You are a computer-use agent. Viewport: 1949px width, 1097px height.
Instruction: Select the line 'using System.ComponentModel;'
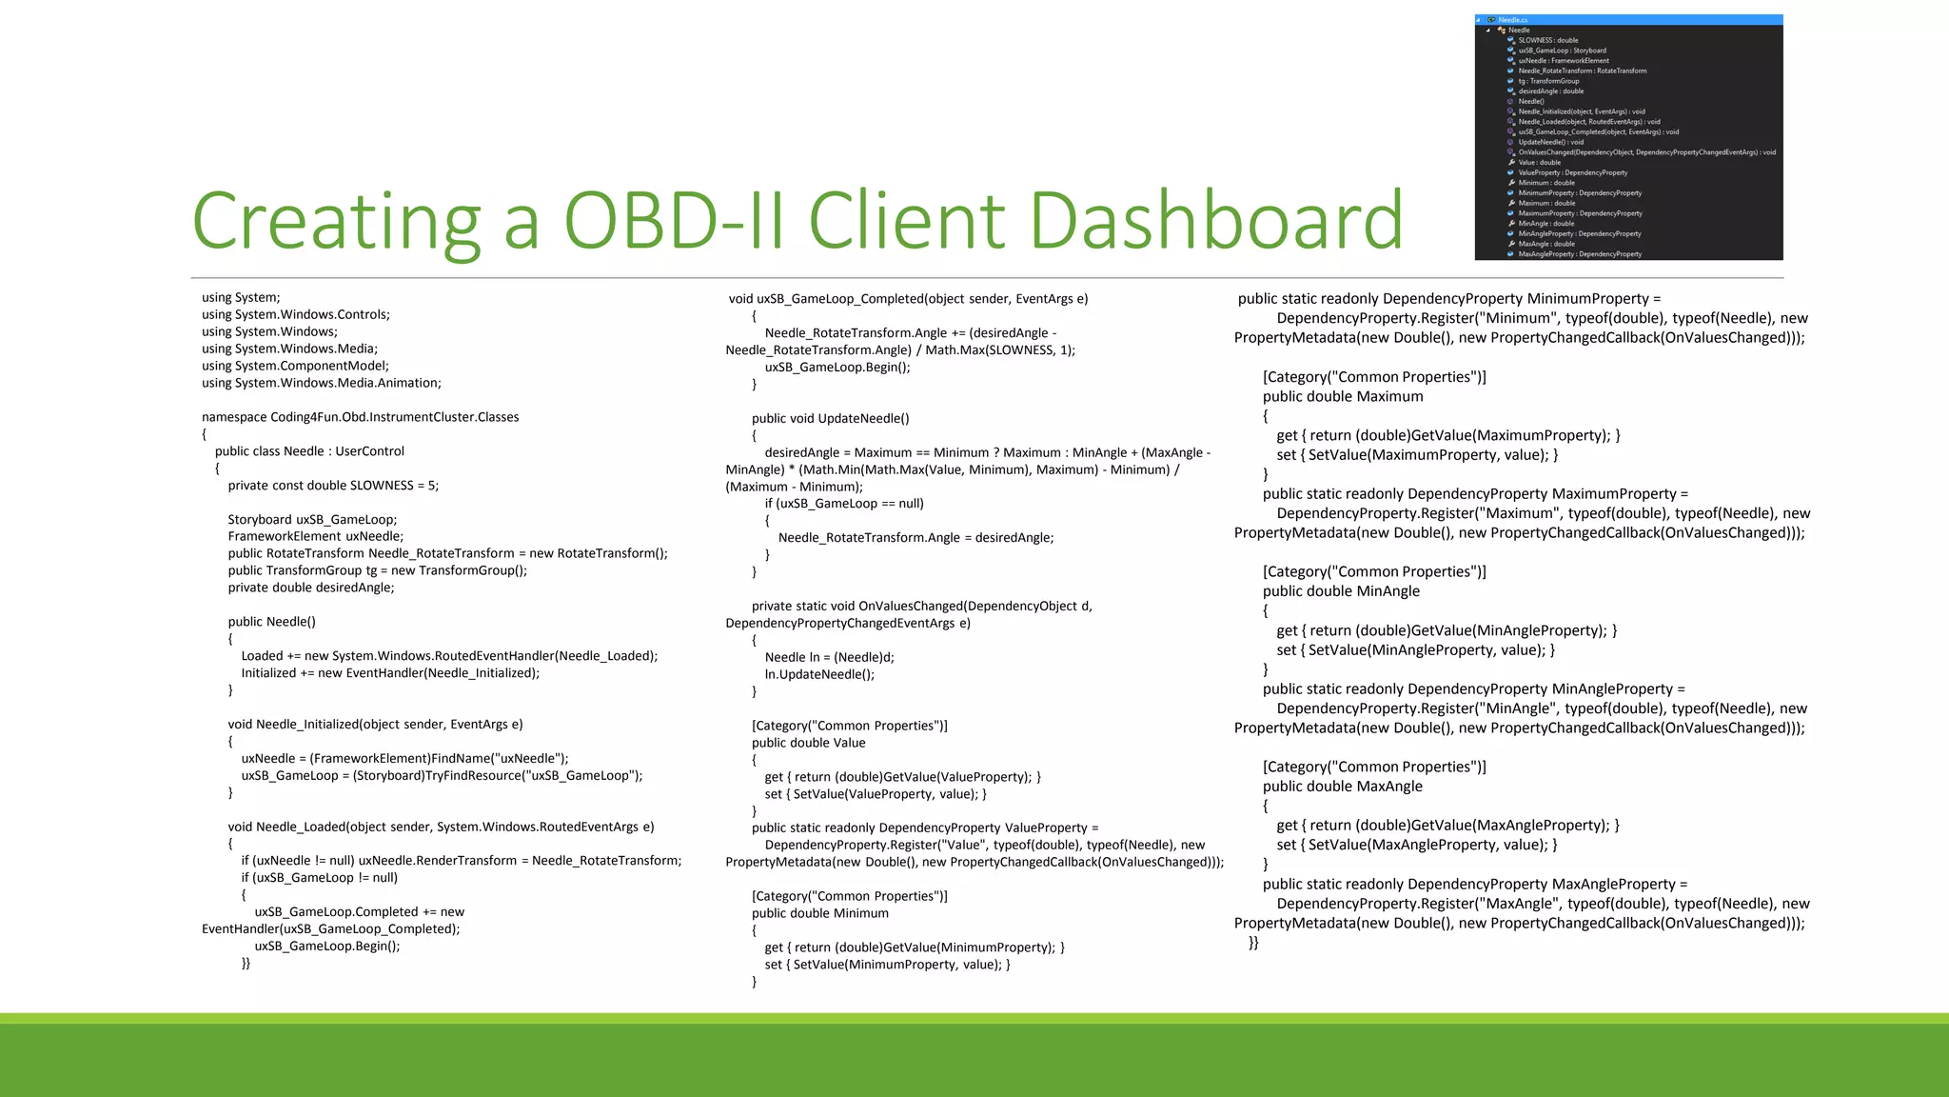coord(295,366)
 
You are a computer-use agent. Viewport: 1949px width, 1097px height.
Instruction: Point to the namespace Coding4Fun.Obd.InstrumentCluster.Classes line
coord(360,417)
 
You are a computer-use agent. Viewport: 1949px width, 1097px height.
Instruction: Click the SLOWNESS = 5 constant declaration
coord(333,486)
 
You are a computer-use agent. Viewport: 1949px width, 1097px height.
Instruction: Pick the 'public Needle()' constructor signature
coord(271,622)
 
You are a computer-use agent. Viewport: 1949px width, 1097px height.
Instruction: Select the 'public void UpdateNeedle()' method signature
coord(830,418)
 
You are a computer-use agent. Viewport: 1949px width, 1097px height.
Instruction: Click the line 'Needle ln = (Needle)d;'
coord(829,657)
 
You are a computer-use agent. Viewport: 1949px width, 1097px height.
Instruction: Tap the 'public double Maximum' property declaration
coord(1343,396)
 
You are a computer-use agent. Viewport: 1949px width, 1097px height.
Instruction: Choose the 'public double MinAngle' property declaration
coord(1341,591)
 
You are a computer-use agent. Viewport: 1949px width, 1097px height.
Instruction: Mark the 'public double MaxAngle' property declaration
coord(1342,787)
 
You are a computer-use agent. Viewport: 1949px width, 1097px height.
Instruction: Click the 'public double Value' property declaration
coord(808,743)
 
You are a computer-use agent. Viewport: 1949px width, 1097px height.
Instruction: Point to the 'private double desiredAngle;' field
coord(310,588)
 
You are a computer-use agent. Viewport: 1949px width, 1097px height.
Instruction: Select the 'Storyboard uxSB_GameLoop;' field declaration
coord(312,520)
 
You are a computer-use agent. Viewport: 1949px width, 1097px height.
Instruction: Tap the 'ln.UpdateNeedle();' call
coord(819,674)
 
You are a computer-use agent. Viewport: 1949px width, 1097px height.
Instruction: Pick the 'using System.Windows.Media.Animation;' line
coord(321,383)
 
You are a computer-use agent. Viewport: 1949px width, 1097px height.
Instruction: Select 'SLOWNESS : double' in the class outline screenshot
coord(1547,40)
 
